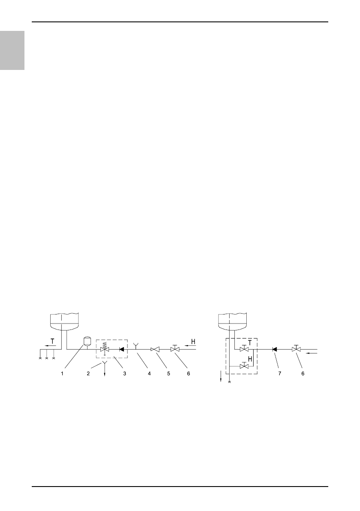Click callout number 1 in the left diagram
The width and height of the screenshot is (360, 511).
click(62, 373)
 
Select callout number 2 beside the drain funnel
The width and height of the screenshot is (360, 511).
click(88, 373)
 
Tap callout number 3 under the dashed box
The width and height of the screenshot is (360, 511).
click(124, 373)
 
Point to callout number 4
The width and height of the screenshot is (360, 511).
click(149, 373)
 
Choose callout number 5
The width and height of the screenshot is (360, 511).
click(169, 373)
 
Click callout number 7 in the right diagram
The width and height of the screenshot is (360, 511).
click(279, 373)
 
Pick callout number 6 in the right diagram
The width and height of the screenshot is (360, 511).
click(303, 373)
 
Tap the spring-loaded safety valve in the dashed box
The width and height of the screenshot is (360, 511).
click(105, 348)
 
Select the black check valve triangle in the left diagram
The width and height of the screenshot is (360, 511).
click(121, 349)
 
